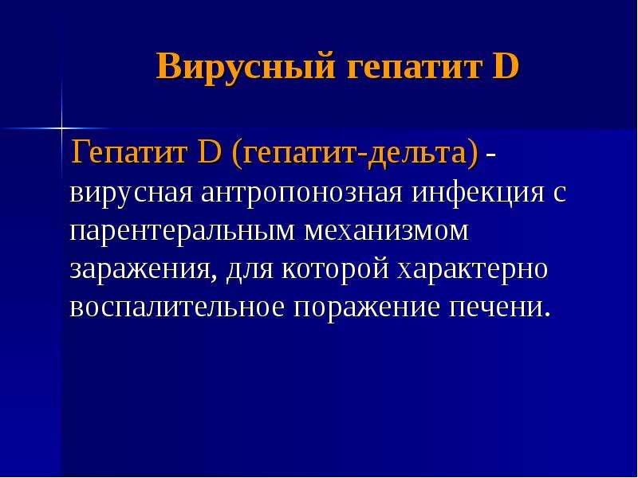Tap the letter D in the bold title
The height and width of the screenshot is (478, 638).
[x=506, y=65]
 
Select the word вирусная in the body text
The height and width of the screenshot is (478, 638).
[x=131, y=194]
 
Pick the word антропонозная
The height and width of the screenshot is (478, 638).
[x=301, y=194]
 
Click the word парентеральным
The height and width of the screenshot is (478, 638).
[x=182, y=232]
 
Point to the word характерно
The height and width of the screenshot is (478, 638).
[x=473, y=270]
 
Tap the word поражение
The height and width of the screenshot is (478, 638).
[x=367, y=308]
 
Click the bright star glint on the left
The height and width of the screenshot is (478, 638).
[x=61, y=128]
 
